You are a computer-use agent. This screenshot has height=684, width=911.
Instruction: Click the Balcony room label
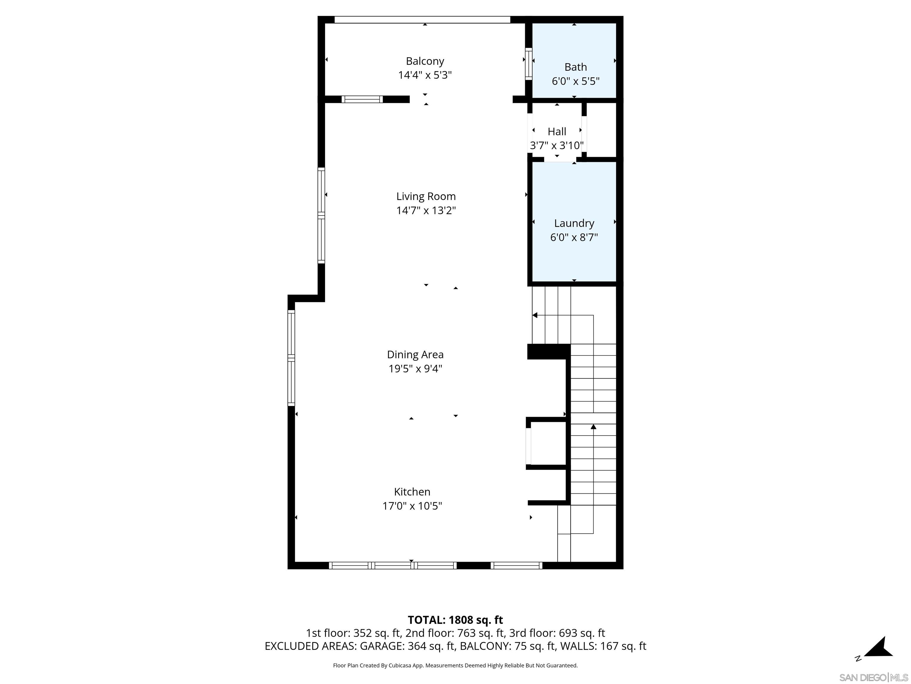pos(425,61)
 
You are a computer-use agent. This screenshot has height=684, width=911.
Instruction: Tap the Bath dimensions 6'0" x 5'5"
pos(575,81)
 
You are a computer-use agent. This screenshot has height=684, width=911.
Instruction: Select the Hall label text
pos(557,132)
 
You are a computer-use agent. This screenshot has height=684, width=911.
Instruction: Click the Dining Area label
pos(415,354)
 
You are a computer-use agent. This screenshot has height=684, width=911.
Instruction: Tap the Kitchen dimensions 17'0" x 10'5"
pos(412,506)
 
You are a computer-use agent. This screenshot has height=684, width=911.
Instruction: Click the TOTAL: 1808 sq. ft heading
pos(455,620)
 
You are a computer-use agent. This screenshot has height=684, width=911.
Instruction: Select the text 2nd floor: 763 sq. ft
pos(455,633)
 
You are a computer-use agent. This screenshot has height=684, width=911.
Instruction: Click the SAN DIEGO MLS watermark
pos(873,677)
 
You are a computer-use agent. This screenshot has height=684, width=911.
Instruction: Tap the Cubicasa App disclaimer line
pos(455,666)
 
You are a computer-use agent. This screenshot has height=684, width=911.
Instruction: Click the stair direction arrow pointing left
pos(535,315)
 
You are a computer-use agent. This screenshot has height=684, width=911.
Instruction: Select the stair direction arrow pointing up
pos(593,427)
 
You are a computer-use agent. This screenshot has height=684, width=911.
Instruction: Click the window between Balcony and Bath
pos(528,64)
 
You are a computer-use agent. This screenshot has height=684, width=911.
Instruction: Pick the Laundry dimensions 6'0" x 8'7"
pos(574,237)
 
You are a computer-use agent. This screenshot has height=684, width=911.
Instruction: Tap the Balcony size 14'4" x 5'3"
pos(425,75)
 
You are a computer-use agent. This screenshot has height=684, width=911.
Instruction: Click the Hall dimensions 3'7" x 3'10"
pos(557,145)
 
